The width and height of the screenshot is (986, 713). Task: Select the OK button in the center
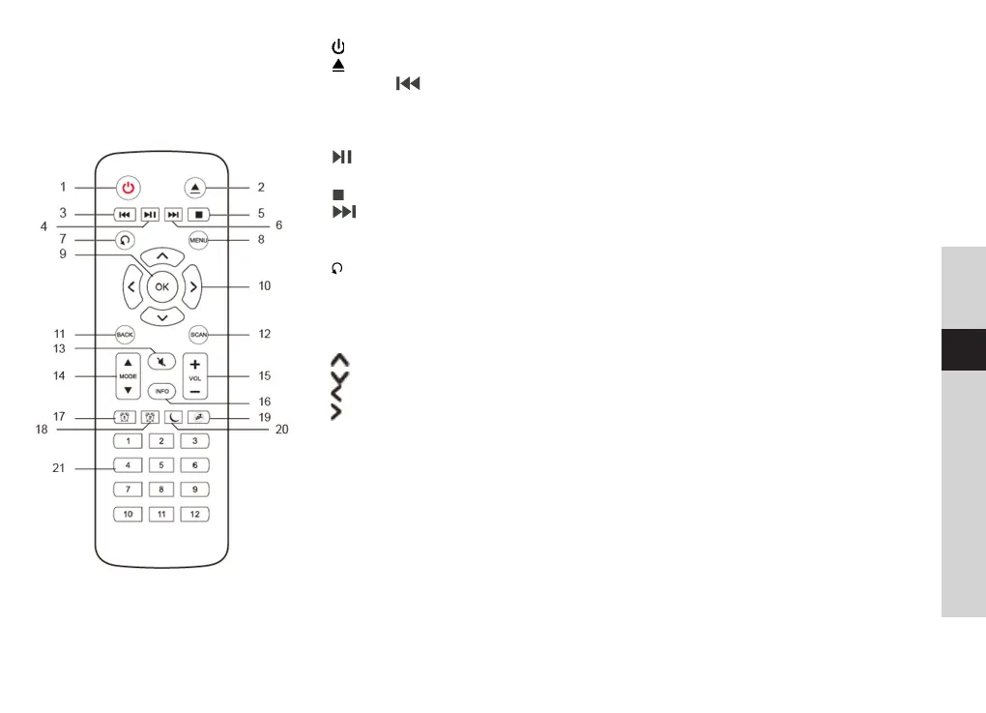click(161, 286)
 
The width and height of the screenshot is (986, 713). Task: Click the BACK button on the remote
click(125, 334)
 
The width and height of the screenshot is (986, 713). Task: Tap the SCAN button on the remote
click(199, 334)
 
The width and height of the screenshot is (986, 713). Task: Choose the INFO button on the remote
click(161, 392)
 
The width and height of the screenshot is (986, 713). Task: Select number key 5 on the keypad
click(161, 465)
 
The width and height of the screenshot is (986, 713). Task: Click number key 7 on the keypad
click(128, 490)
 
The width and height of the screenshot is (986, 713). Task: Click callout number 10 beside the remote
click(265, 286)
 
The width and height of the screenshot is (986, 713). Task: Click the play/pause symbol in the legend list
click(341, 157)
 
